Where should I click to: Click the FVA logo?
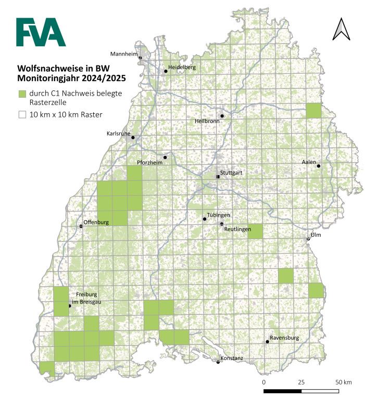[41, 32]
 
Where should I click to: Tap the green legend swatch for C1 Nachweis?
[22, 94]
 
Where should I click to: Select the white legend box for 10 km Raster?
[22, 114]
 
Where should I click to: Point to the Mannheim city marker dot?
[141, 58]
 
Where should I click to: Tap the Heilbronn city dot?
[222, 116]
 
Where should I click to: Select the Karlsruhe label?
[119, 133]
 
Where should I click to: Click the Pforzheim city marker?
[165, 157]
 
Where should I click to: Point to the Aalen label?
[309, 162]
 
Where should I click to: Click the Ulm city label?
[314, 235]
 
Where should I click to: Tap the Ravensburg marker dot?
[267, 341]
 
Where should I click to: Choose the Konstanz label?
[231, 358]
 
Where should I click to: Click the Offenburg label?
[96, 222]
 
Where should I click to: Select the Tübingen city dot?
[205, 219]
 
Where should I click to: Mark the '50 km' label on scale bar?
[343, 382]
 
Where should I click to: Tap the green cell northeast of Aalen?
[314, 111]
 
